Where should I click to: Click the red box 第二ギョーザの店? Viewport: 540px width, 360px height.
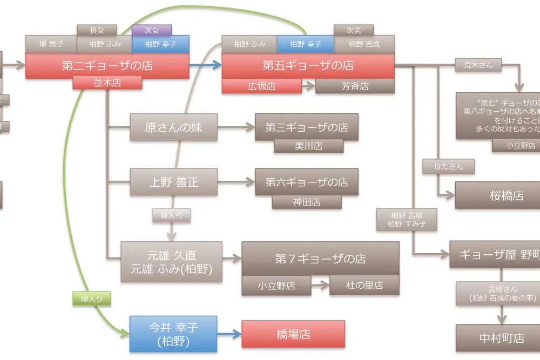coord(107,65)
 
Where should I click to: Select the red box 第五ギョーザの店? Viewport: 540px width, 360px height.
coord(308,65)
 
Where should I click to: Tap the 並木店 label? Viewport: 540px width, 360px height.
coord(107,83)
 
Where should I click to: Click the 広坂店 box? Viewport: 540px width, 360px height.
coord(262,86)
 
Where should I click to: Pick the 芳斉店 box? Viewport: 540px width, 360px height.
coord(355,86)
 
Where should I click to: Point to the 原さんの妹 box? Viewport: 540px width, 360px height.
coord(173,127)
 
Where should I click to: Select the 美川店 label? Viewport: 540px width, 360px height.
coord(308,146)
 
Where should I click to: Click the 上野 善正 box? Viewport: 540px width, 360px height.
coord(173,182)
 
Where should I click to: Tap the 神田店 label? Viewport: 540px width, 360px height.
coord(307,202)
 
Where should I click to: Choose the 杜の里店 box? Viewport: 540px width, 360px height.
coord(364,286)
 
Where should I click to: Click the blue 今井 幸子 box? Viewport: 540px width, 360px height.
coord(173,334)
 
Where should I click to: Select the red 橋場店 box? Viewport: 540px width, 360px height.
coord(293,334)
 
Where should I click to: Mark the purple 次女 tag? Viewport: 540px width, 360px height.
coord(152,30)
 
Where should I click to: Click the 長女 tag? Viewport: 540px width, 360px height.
coord(97,30)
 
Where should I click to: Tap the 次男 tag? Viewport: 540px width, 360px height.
coord(354,30)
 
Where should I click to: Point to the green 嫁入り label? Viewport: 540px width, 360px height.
coord(91,297)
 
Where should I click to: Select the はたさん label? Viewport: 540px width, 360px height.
coord(449,166)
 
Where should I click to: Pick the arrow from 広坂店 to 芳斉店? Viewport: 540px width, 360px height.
coord(308,86)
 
